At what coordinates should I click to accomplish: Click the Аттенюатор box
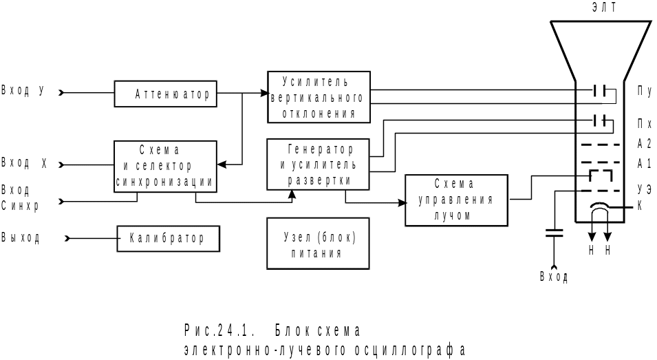tap(165, 94)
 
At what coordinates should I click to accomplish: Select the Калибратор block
tap(169, 239)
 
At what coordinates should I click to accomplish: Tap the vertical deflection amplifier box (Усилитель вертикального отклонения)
tap(319, 96)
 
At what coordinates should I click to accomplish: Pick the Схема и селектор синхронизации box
tap(165, 167)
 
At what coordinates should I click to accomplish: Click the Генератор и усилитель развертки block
tap(318, 164)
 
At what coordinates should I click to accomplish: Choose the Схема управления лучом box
tap(456, 200)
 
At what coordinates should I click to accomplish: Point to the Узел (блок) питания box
tap(318, 243)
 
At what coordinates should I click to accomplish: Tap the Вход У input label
tap(23, 90)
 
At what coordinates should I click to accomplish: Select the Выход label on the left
tap(21, 238)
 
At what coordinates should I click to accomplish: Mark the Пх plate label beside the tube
tap(645, 124)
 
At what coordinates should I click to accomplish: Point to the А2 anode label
tap(645, 145)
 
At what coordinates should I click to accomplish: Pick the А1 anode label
tap(645, 164)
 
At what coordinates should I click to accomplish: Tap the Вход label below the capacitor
tap(554, 277)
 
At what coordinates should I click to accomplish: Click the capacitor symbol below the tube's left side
tap(554, 233)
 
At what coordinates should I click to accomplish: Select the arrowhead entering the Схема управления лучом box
tap(401, 202)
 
